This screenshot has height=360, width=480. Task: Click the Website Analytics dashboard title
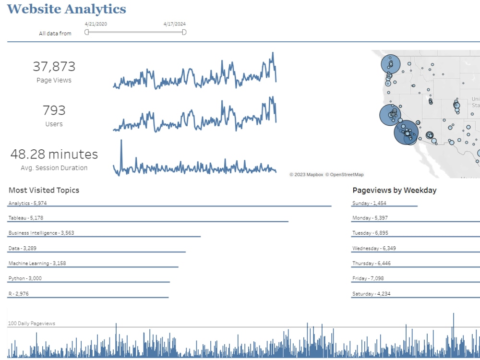[x=67, y=9]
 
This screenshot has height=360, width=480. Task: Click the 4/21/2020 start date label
[x=96, y=24]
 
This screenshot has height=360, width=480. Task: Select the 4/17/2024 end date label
[x=174, y=24]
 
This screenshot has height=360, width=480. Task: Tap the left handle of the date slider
[x=87, y=32]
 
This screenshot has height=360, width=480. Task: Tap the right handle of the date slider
[x=184, y=32]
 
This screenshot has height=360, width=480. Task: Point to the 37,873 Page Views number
[x=54, y=66]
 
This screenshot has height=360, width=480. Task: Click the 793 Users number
[x=54, y=110]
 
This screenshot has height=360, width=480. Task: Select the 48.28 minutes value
[x=54, y=154]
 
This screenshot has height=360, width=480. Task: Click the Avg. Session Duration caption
[x=54, y=168]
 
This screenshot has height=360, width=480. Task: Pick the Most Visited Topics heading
[x=44, y=190]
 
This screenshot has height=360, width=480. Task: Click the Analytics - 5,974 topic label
[x=27, y=203]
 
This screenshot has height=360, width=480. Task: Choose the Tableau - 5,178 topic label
[x=26, y=218]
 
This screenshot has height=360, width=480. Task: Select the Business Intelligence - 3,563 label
[x=41, y=233]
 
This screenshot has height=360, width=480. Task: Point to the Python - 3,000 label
[x=25, y=278]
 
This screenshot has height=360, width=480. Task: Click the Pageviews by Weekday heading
[x=394, y=190]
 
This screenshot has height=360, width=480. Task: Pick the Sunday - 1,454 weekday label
[x=369, y=203]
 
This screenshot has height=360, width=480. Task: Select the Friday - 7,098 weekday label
[x=368, y=278]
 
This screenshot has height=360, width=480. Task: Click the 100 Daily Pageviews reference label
[x=31, y=324]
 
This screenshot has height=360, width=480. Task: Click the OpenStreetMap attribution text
[x=344, y=175]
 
